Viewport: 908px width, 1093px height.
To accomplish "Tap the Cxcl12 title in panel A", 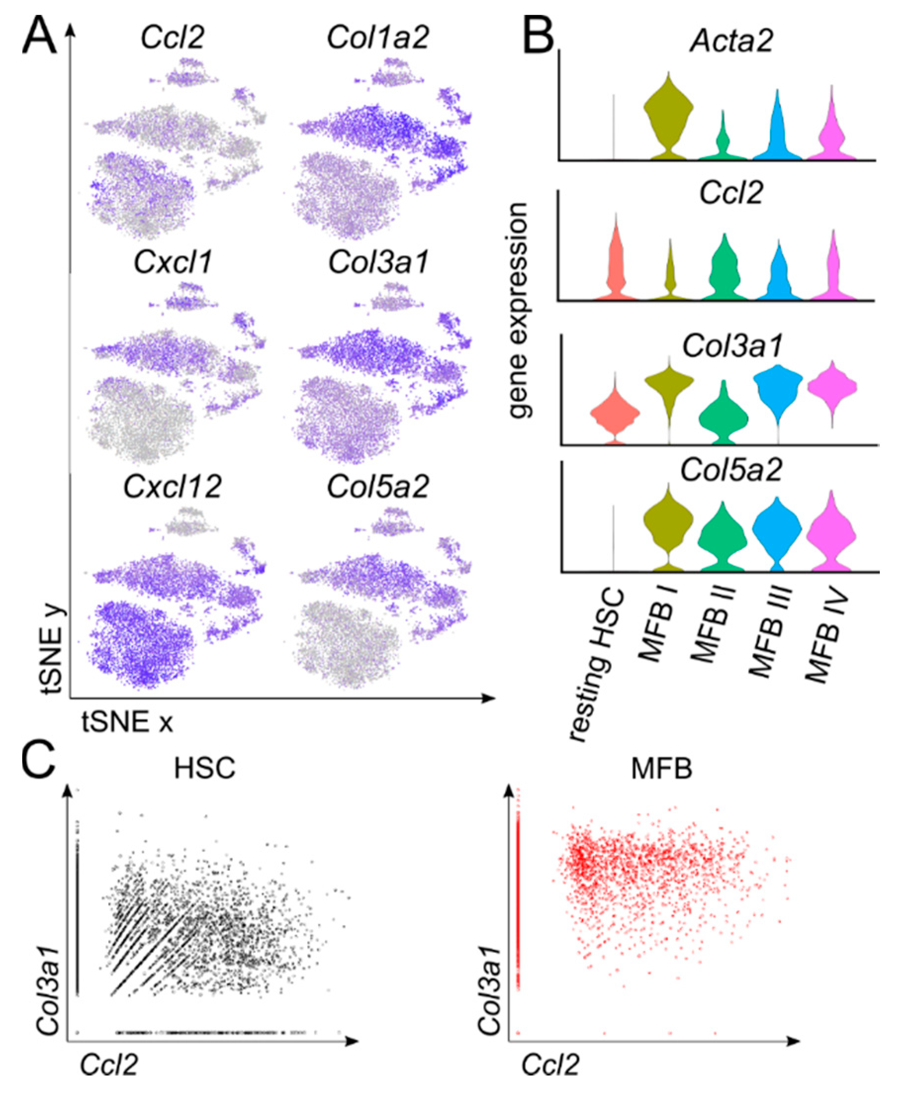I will coord(172,487).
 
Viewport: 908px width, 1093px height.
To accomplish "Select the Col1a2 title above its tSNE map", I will coord(378,38).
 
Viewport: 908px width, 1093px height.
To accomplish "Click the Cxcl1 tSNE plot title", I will coord(173,262).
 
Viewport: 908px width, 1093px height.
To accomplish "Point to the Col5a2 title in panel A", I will coord(378,487).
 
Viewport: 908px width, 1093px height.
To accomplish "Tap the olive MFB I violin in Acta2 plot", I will coord(668,112).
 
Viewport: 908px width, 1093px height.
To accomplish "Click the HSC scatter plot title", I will coord(204,768).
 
